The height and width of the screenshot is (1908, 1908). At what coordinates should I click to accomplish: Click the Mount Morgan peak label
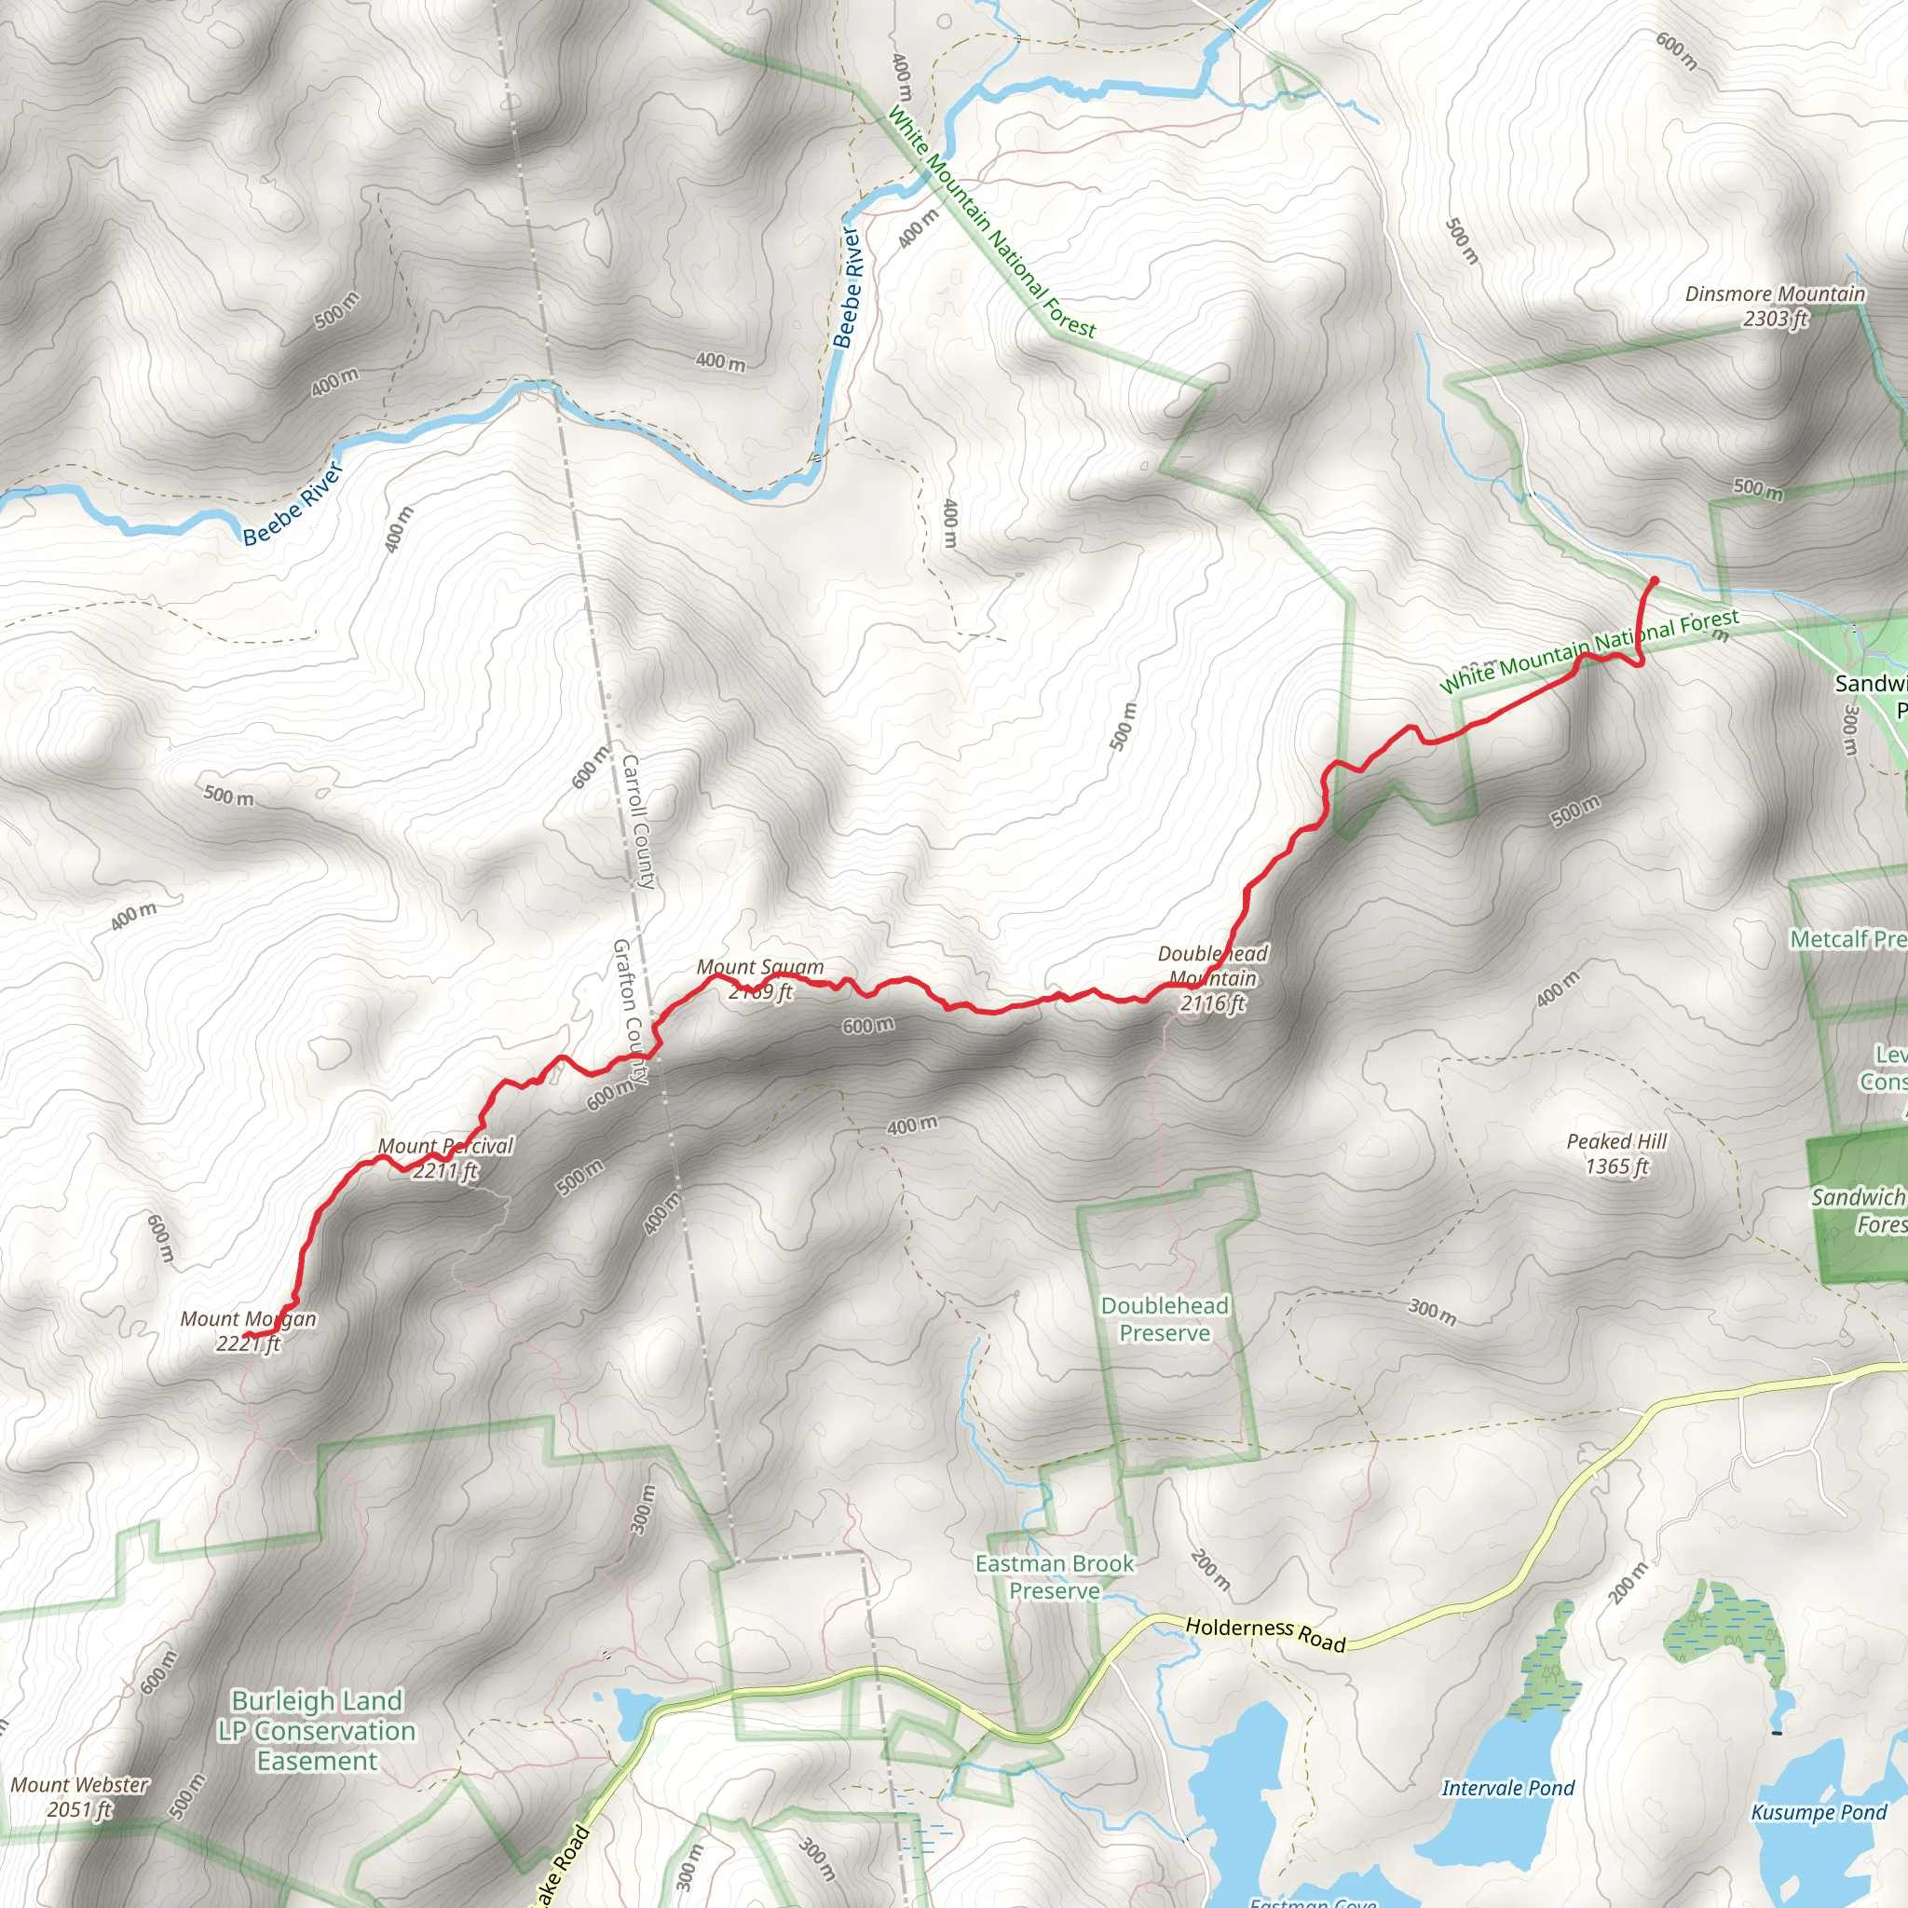click(248, 1330)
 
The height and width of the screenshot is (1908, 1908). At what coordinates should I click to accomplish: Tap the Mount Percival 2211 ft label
click(445, 1158)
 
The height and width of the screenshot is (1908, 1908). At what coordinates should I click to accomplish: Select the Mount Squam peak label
click(759, 979)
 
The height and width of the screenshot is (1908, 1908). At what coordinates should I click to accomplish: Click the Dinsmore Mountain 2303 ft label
click(1775, 307)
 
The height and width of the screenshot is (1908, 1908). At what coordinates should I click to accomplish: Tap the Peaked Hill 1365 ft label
click(1616, 1153)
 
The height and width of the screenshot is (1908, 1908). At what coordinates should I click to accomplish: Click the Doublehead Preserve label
click(1165, 1319)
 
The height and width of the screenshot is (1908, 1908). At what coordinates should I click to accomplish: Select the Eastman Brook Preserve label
click(1055, 1577)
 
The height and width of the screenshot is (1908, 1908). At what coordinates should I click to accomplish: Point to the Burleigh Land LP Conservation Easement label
click(317, 1731)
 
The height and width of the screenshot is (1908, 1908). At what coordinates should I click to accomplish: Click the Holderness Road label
click(1265, 1633)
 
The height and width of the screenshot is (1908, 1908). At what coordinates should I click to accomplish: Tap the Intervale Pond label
click(1508, 1789)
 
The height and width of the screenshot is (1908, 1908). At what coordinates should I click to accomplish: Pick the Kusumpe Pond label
click(1819, 1812)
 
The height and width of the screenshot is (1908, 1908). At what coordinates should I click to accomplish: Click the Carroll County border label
click(638, 822)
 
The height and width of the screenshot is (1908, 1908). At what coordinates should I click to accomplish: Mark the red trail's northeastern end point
click(1655, 579)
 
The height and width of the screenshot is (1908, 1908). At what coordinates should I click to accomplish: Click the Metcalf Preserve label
click(1847, 939)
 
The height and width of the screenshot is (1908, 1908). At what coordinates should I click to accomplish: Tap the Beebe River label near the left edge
click(293, 504)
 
